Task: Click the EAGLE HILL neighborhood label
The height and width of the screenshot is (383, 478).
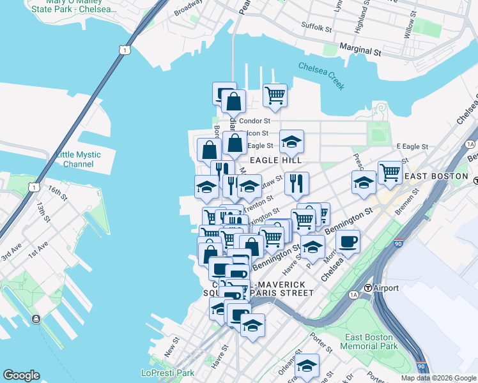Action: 275,160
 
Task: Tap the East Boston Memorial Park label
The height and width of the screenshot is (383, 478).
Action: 371,342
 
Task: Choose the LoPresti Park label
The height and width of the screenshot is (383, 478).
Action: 167,373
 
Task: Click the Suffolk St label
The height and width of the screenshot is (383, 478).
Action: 317,29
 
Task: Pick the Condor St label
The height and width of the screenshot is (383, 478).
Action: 256,120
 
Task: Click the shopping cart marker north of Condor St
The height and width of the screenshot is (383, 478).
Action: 275,95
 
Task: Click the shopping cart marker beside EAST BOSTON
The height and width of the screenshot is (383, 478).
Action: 390,171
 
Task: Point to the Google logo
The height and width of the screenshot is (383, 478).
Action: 21,375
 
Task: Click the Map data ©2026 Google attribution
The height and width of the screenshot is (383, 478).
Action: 439,378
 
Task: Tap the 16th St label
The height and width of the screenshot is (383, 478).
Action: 57,191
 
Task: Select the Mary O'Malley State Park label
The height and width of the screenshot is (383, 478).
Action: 73,6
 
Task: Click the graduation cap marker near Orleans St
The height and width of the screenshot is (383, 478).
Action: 307,365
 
